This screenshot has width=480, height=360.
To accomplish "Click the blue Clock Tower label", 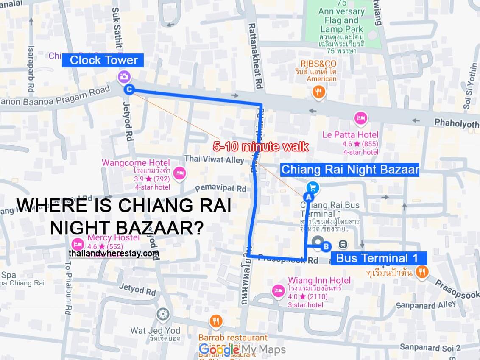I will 103,60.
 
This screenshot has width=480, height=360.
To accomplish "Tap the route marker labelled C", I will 129,89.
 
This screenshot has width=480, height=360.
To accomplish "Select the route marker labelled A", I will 308,197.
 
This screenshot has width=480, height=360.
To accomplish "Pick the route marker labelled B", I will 326,246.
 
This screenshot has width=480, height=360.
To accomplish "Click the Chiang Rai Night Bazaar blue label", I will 350,170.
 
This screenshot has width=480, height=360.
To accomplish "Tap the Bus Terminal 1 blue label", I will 377,258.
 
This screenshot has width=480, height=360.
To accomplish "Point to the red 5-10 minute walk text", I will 260,147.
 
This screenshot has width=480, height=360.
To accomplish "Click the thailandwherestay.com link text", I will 114,254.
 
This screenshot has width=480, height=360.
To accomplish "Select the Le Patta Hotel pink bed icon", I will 360,119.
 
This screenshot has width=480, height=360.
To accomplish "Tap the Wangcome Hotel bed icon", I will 180,173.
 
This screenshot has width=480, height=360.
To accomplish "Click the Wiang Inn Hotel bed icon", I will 278,290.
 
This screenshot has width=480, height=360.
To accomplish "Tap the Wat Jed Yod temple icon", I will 163,315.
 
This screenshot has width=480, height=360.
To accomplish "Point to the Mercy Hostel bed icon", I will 77,244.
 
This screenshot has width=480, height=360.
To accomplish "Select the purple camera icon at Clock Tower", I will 124,77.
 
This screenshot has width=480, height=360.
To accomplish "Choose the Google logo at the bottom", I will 219,350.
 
